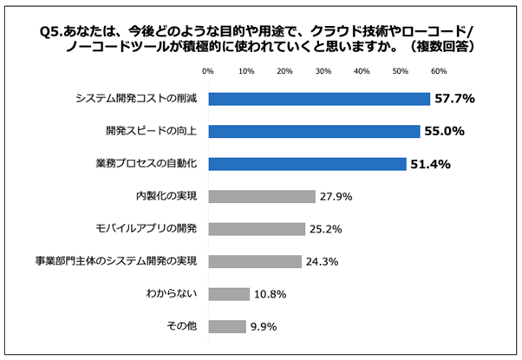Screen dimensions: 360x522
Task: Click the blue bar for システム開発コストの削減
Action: [x=319, y=99]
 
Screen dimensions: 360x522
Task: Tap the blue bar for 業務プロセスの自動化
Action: [x=307, y=164]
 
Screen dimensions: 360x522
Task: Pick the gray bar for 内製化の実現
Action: [x=261, y=197]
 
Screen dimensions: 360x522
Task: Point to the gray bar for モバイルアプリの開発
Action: [x=256, y=229]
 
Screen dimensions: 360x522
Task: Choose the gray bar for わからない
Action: [x=228, y=294]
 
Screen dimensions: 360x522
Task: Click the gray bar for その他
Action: [x=226, y=326]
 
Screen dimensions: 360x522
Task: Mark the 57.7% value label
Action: [x=454, y=99]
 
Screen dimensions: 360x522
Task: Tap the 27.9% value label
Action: [x=336, y=197]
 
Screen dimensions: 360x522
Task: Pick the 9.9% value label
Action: [x=263, y=327]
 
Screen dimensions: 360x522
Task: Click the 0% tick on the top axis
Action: [x=208, y=71]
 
